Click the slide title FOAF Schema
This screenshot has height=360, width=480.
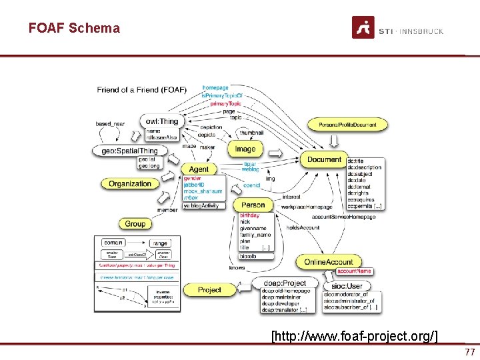tap(74, 28)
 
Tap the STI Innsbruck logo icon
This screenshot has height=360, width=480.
tap(363, 27)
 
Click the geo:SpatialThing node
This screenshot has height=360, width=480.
tap(130, 151)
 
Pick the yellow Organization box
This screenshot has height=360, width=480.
tap(130, 183)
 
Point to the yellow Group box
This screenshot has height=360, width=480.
tap(135, 223)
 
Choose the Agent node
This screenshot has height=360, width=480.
tap(199, 169)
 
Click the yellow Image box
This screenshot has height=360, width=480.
tap(245, 149)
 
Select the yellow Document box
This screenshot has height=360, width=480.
tap(324, 160)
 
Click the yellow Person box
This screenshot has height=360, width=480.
tap(253, 205)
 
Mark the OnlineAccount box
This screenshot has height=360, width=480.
tap(329, 262)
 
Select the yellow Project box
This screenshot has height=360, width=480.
tap(209, 289)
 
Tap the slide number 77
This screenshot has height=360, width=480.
tap(469, 352)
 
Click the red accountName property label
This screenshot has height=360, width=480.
tap(354, 271)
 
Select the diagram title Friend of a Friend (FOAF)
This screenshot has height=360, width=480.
tap(141, 90)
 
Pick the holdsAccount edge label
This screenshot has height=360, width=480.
tap(303, 228)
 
